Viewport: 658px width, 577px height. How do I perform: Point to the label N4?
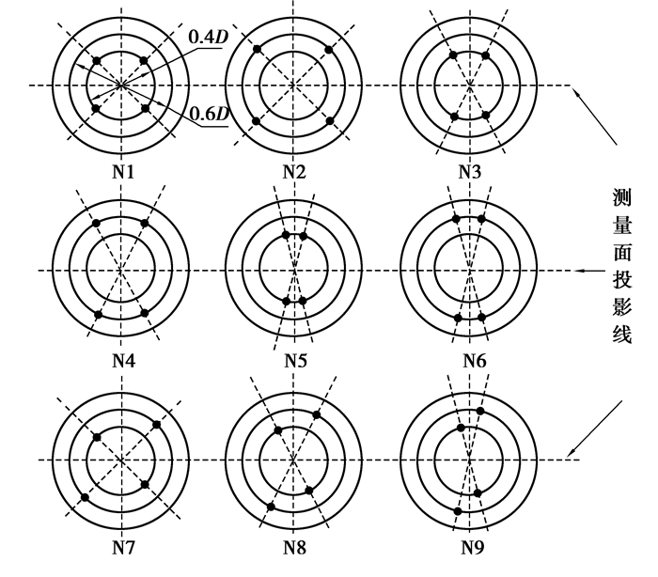coord(121,359)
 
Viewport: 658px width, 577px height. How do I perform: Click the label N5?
coord(294,359)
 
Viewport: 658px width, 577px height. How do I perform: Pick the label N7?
coord(121,546)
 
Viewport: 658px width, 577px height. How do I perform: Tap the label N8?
coord(294,546)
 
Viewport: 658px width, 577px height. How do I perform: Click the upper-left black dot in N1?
coord(97,61)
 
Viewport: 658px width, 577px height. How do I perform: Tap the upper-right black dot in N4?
coord(145,223)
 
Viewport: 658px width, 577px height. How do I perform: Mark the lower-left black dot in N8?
coord(271,507)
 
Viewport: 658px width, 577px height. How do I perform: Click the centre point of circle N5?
coord(294,271)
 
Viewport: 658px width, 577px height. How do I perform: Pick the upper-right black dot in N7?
coord(157,424)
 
